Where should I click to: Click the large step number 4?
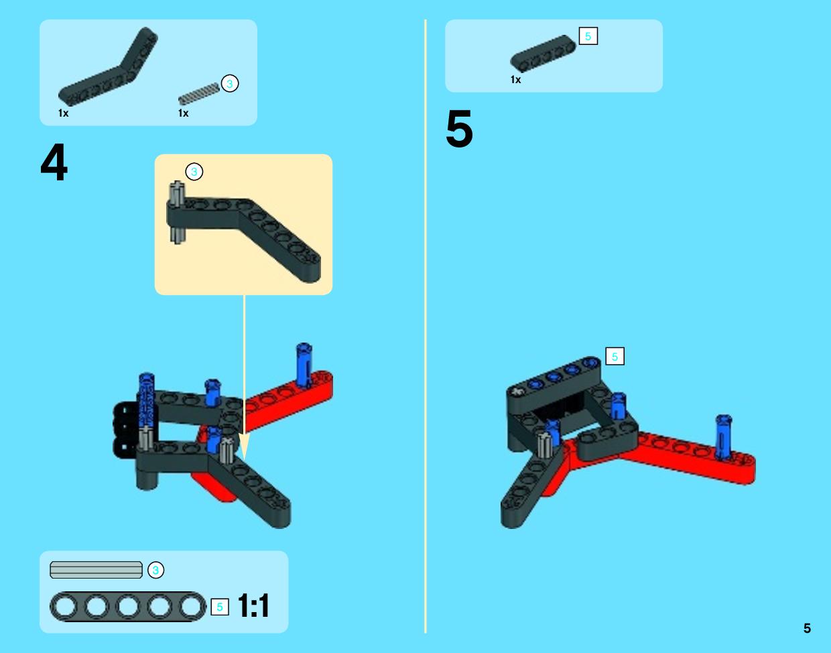54,162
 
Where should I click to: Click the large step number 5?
459,129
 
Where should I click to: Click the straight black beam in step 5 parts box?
543,54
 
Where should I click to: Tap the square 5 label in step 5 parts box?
588,36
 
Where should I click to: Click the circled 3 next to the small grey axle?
230,83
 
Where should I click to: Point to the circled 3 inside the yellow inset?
194,172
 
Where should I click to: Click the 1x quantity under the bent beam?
64,113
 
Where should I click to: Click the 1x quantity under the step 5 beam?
515,80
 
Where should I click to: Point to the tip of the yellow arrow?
244,460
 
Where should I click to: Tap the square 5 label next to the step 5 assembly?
615,357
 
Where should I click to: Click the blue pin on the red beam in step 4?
304,365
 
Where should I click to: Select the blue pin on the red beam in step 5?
723,437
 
